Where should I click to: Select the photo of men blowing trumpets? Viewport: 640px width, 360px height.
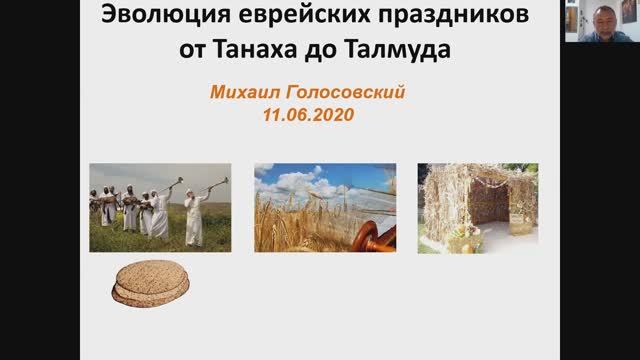tap(160, 207)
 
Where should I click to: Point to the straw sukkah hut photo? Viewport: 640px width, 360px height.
tap(478, 207)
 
